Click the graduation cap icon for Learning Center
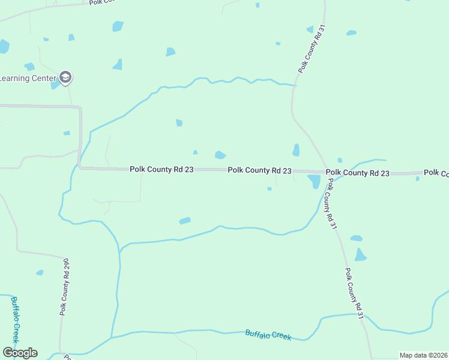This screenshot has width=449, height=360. (x=65, y=77)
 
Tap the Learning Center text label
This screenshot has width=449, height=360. (x=27, y=78)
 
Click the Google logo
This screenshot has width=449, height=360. (x=19, y=353)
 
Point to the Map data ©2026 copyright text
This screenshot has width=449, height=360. (x=424, y=355)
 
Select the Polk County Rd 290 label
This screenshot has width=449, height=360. (x=65, y=287)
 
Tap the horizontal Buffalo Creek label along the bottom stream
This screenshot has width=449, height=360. (x=268, y=335)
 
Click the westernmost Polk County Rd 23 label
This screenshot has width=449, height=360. (x=161, y=170)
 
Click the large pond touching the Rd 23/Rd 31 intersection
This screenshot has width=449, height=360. (x=314, y=181)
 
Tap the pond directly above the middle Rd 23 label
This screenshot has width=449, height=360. (x=220, y=155)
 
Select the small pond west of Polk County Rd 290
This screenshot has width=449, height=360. (x=40, y=272)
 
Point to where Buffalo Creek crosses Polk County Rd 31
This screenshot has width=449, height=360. (x=363, y=314)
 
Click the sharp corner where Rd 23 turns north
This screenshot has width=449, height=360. (x=80, y=167)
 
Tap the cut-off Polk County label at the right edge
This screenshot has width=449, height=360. (x=436, y=173)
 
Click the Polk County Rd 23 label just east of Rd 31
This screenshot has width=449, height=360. (x=358, y=173)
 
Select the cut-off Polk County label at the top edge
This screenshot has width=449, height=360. (x=101, y=2)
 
